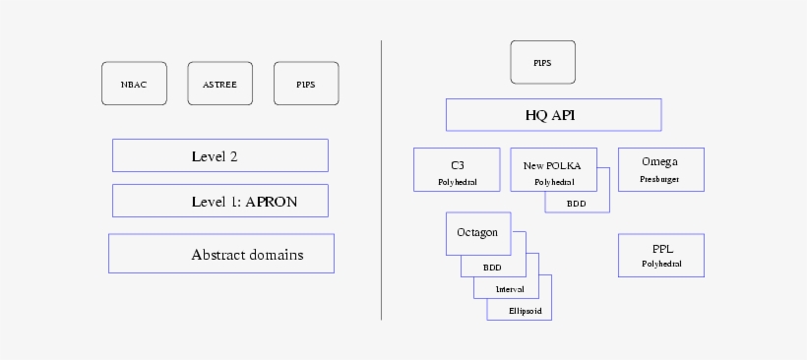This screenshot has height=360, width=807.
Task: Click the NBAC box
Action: [x=134, y=84]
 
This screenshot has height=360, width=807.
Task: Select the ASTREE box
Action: [x=219, y=84]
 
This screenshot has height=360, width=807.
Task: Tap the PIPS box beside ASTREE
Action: [x=306, y=84]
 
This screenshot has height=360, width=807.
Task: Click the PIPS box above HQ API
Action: [x=542, y=63]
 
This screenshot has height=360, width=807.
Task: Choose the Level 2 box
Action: [x=219, y=155]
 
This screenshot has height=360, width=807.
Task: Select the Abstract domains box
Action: [x=221, y=254]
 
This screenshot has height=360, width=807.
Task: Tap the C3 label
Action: [x=457, y=163]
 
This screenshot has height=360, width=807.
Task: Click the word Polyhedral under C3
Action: [x=457, y=183]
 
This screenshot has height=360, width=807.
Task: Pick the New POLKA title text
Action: [x=552, y=165]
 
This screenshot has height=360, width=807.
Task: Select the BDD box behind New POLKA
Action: [x=577, y=203]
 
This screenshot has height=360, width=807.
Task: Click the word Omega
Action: [x=659, y=161]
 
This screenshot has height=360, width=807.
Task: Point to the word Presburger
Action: [x=659, y=179]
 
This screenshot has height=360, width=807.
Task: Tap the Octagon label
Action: [x=477, y=233]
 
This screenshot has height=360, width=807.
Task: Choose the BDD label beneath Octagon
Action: [x=491, y=268]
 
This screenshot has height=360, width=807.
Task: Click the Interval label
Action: [x=510, y=289]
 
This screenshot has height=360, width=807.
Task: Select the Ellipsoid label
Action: [x=525, y=311]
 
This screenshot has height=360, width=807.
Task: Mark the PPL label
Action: [x=661, y=250]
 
